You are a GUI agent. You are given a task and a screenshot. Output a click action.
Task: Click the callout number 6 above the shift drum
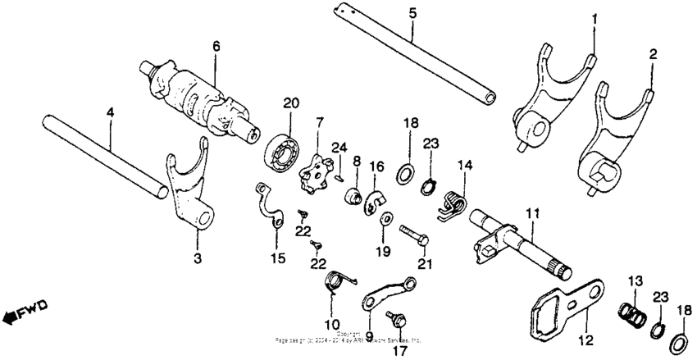tap(216, 48)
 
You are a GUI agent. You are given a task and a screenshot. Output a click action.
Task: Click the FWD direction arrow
tap(25, 311)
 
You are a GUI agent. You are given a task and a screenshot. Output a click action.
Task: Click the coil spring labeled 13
tap(631, 314)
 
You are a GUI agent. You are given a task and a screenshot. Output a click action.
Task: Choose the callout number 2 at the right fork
tap(653, 55)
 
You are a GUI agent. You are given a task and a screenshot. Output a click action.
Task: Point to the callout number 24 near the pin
tap(339, 148)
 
